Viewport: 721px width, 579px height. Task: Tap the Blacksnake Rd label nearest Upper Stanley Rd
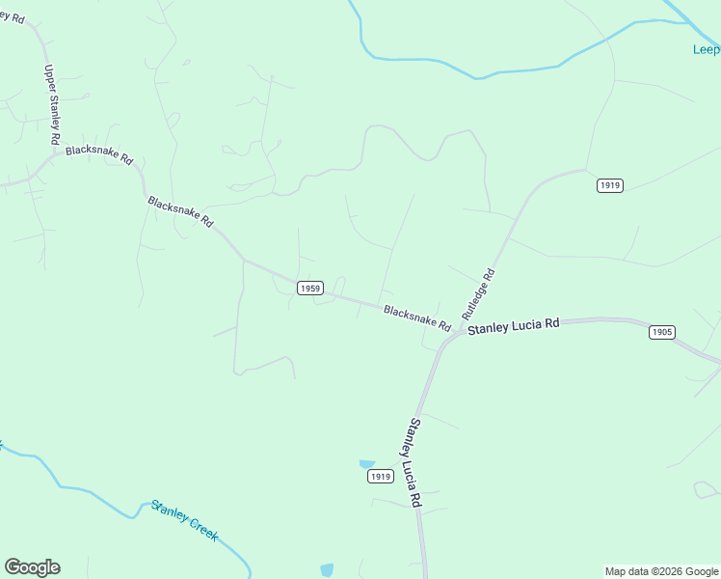(x=98, y=156)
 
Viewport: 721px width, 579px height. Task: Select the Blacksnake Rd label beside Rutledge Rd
(x=417, y=317)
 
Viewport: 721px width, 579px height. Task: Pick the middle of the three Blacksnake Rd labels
(x=180, y=211)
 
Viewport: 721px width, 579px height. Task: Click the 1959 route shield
(x=309, y=288)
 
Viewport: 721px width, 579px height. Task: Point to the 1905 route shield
(x=661, y=332)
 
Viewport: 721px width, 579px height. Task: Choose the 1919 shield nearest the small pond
(x=381, y=477)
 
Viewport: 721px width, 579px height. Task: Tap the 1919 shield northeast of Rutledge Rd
(x=609, y=185)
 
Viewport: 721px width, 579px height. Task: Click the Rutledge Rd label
(x=478, y=294)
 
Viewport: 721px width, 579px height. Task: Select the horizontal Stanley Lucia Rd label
(x=513, y=326)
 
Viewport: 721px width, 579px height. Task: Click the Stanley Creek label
(x=184, y=520)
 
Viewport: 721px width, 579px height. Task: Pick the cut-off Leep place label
(x=707, y=50)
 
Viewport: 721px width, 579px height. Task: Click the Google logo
(x=32, y=567)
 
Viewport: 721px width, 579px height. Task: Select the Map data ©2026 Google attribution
(x=661, y=571)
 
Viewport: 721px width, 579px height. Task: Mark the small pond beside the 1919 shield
(x=366, y=464)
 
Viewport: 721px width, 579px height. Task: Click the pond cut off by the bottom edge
(x=327, y=570)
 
